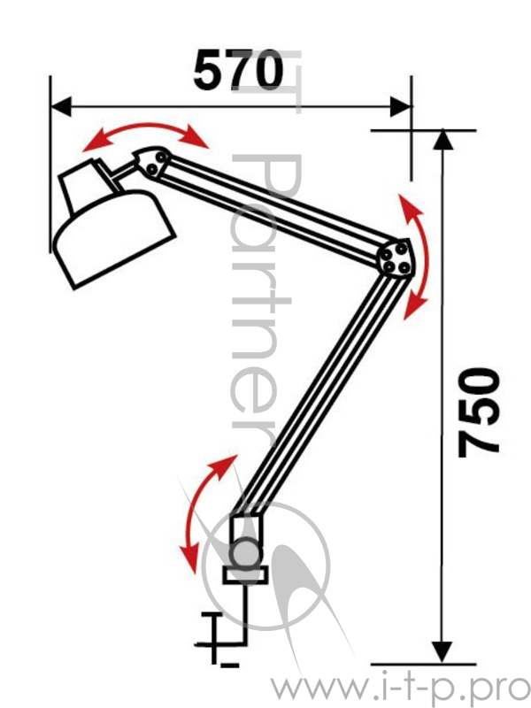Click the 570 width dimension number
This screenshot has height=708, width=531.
click(238, 70)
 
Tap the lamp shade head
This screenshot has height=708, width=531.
click(114, 238)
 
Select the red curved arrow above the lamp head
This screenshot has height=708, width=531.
click(145, 127)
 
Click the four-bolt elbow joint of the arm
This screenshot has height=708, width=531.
click(395, 258)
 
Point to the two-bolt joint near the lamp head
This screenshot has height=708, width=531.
click(153, 163)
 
